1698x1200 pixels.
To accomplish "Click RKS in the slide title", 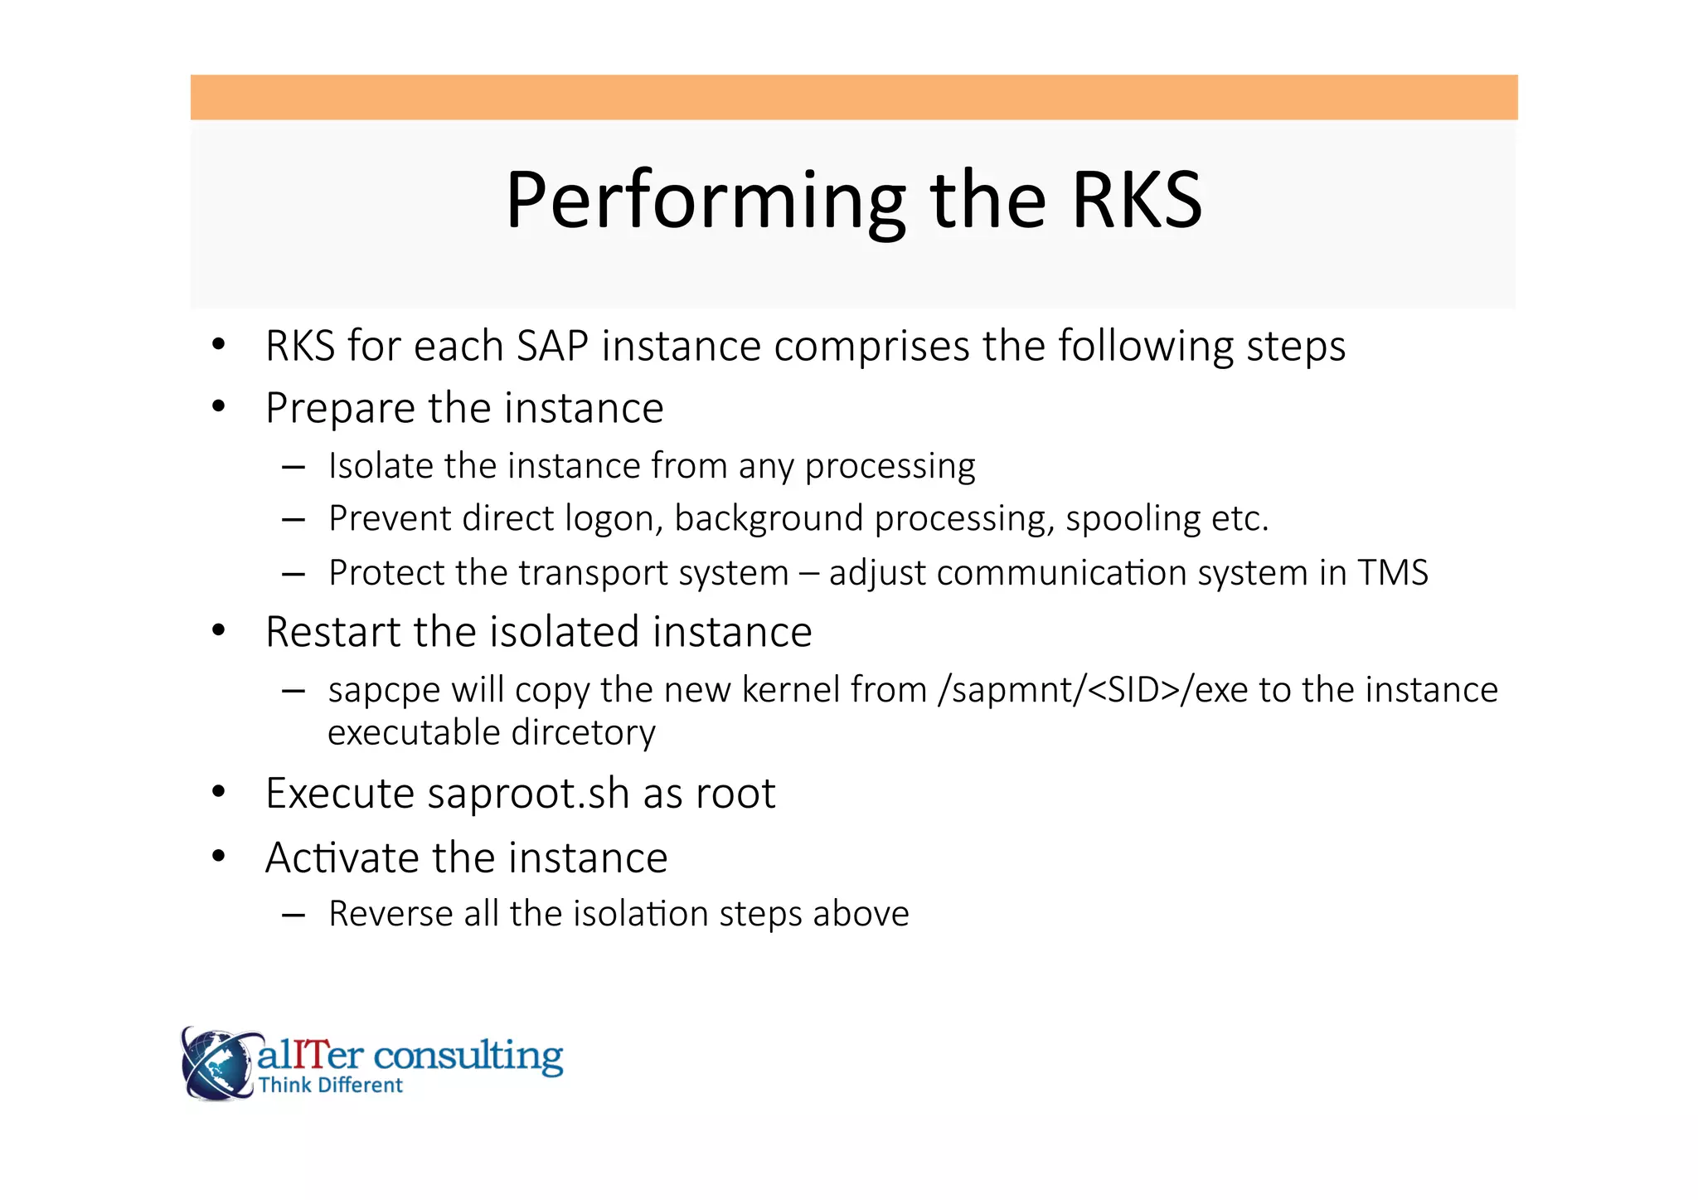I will pyautogui.click(x=1135, y=201).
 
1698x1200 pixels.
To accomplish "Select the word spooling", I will pyautogui.click(x=1132, y=519).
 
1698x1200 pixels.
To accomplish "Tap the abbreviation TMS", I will pyautogui.click(x=1392, y=573).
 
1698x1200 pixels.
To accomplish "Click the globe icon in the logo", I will pyautogui.click(x=216, y=1064).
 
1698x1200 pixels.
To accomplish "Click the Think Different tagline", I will pyautogui.click(x=330, y=1086).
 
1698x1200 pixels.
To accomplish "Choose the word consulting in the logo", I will pyautogui.click(x=468, y=1056).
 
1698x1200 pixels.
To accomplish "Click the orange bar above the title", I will pyautogui.click(x=854, y=97).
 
